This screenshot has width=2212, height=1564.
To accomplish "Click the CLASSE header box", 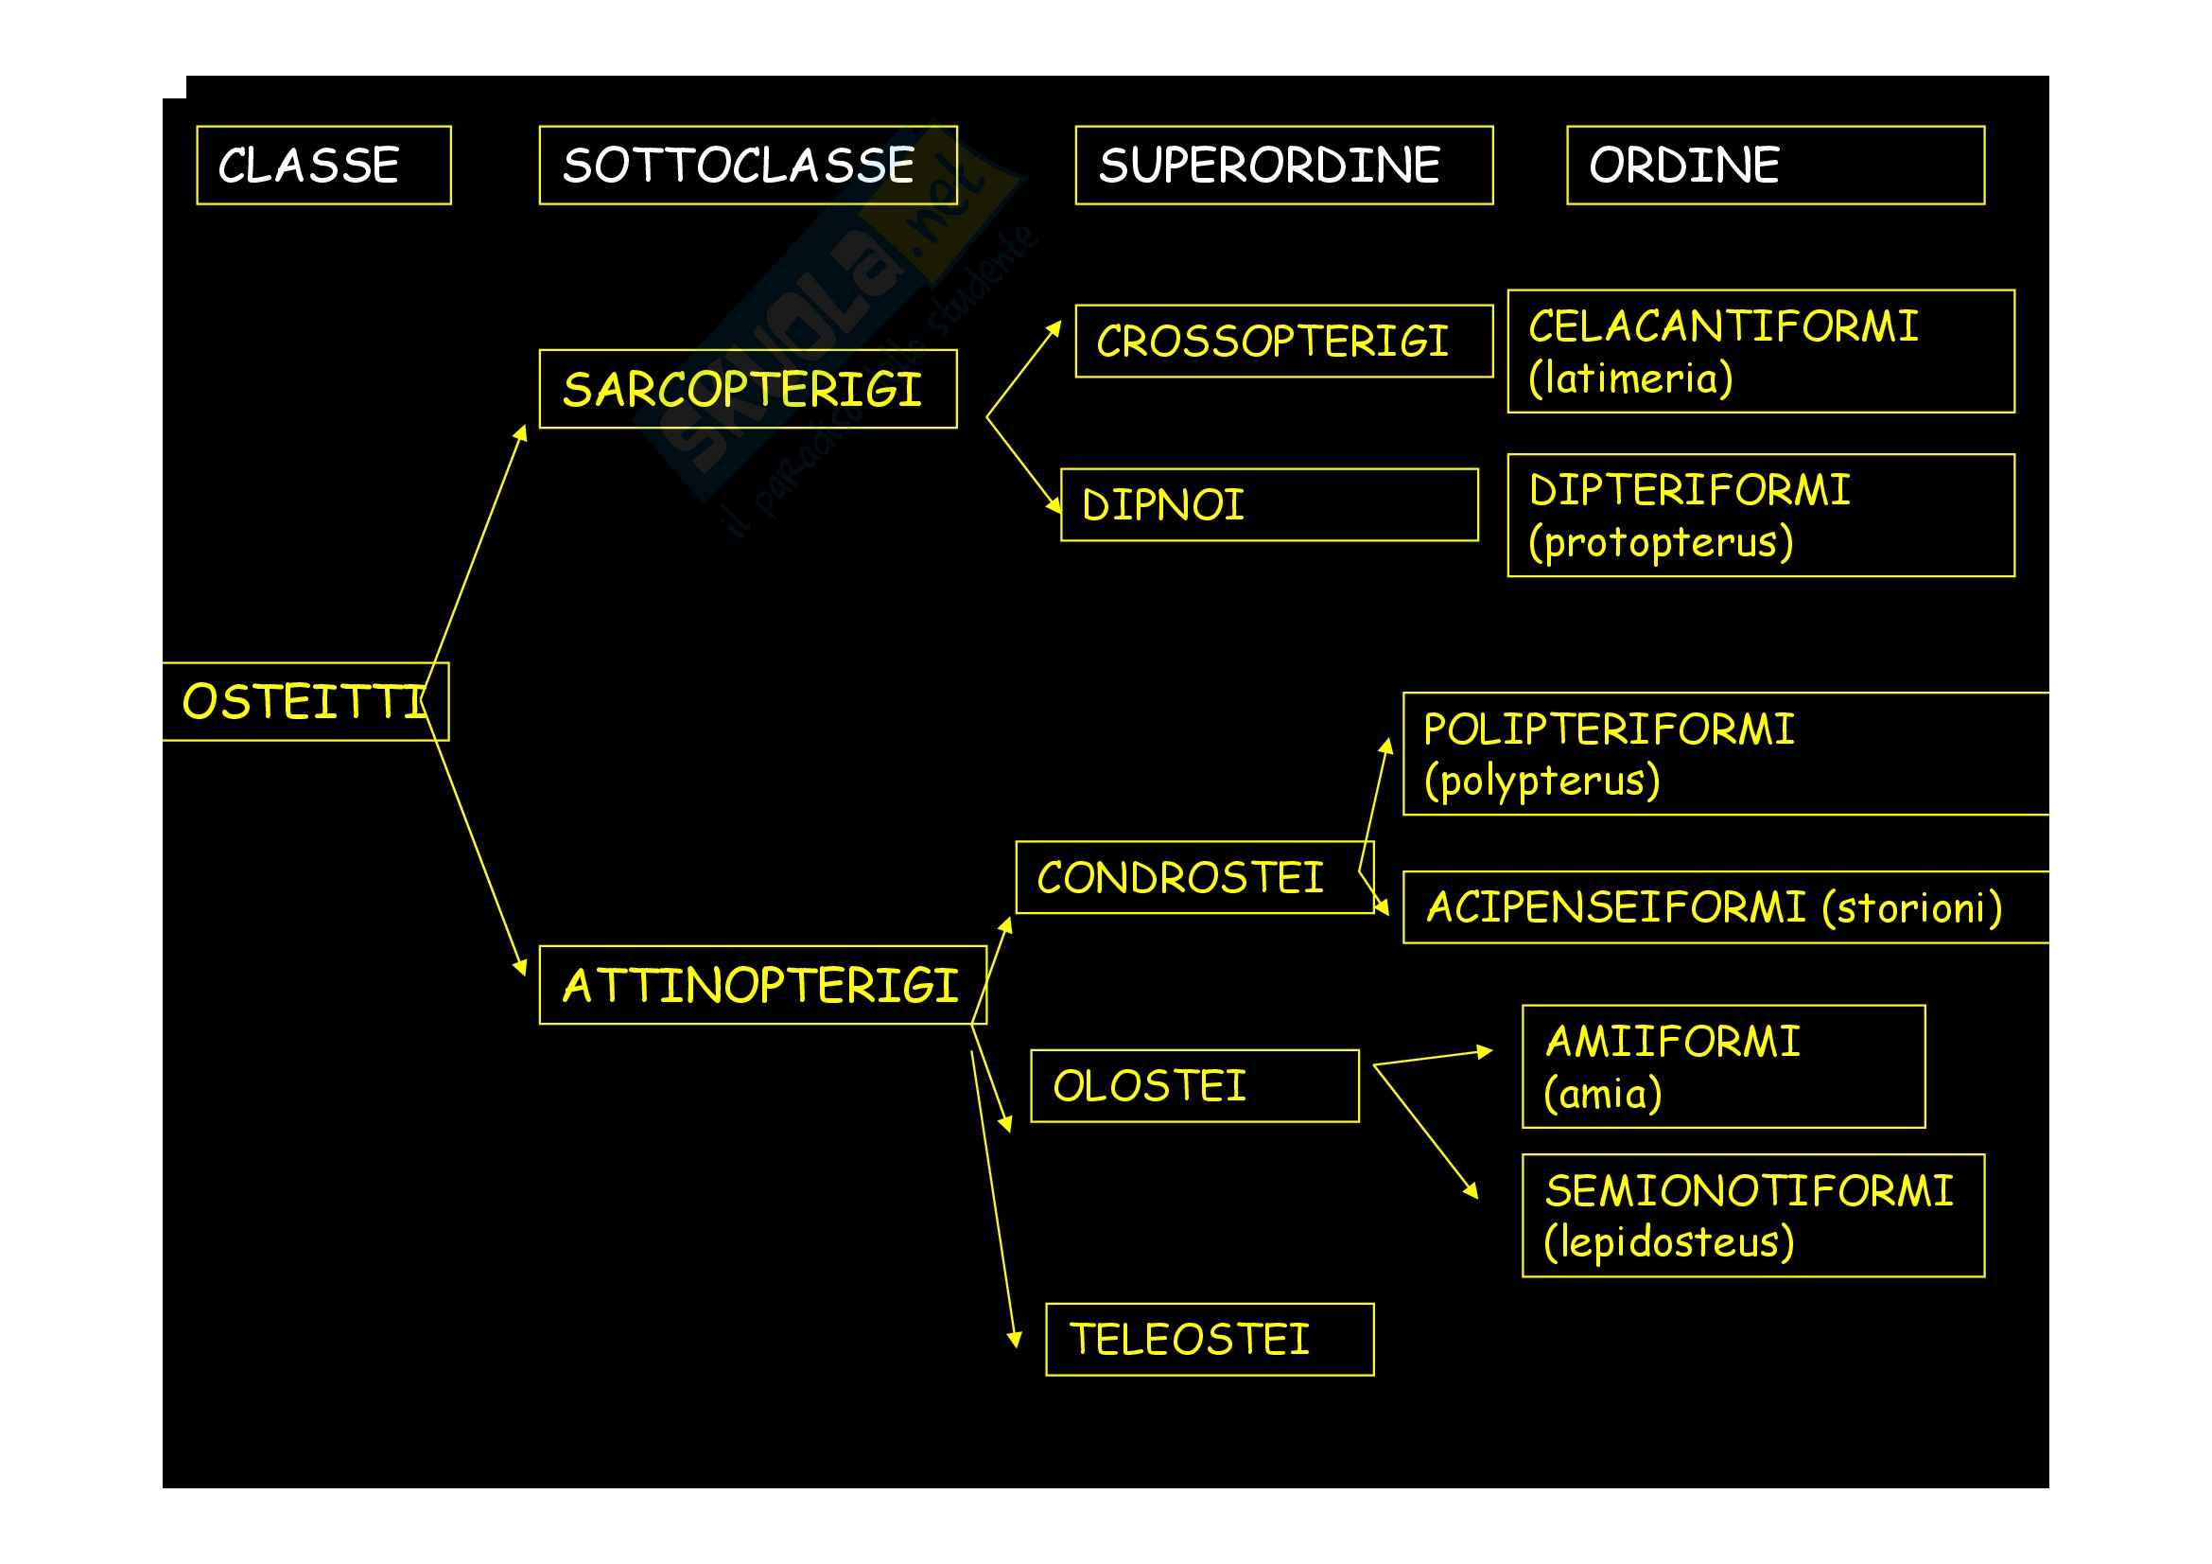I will [322, 165].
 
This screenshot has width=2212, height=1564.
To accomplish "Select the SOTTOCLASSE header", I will [748, 165].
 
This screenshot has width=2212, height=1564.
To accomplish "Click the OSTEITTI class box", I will [305, 701].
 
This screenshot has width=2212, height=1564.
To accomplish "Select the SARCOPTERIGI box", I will [748, 388].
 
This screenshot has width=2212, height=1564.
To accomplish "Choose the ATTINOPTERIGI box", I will [762, 985].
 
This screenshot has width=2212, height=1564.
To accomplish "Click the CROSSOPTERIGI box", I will [1283, 342].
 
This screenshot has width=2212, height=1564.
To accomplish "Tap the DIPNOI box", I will [1269, 505].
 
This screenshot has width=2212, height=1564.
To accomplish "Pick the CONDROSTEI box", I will [1193, 877].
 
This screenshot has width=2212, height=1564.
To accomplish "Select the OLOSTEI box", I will [1193, 1086].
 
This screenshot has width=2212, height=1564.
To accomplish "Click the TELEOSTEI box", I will [1210, 1340].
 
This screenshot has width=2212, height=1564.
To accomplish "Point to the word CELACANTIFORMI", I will [1722, 326].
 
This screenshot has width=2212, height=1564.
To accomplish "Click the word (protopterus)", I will [1660, 542].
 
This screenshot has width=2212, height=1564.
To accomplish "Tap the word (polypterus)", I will [1541, 781].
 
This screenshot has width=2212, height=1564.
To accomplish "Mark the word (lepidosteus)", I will [1667, 1242].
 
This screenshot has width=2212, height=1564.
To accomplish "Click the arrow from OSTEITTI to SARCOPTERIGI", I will [477, 549].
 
